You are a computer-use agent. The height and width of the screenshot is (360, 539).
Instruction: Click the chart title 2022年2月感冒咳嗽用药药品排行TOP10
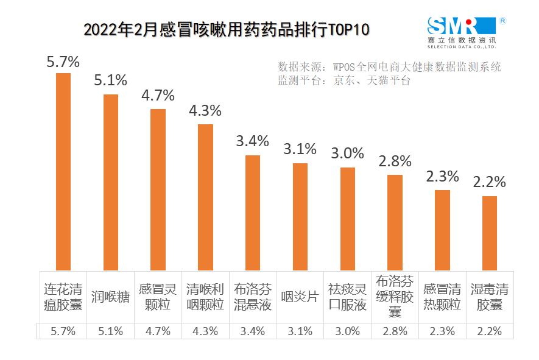click(226, 30)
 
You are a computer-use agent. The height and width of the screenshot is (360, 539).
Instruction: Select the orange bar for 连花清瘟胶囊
click(63, 171)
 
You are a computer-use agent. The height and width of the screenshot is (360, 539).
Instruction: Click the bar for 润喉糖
click(111, 182)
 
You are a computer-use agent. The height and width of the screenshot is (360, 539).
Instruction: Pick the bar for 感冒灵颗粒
click(158, 189)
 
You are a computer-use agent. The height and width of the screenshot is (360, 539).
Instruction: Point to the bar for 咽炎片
click(300, 216)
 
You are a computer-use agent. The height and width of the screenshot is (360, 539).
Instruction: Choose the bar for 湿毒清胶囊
click(490, 233)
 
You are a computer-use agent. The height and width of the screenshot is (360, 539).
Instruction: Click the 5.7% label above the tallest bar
click(63, 62)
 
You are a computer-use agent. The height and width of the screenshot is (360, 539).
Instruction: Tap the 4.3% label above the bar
click(205, 111)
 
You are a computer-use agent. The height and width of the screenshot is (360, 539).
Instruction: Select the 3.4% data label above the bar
click(252, 141)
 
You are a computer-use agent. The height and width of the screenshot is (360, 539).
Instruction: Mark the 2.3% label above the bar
click(442, 177)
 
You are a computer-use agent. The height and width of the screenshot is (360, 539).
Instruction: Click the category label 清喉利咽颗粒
click(205, 297)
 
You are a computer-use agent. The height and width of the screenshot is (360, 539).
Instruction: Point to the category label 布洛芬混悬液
click(253, 297)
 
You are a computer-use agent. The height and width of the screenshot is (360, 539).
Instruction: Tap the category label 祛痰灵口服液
click(347, 297)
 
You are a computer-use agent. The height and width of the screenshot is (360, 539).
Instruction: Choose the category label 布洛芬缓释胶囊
click(395, 297)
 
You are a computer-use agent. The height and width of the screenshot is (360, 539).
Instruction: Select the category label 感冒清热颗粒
click(442, 297)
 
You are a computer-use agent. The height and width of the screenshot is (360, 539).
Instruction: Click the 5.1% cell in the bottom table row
click(111, 331)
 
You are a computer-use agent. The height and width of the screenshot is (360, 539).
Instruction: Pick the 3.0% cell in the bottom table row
click(347, 331)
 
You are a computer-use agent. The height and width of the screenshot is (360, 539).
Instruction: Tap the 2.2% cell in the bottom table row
click(490, 331)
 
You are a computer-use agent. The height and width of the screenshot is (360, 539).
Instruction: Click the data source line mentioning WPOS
click(389, 66)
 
